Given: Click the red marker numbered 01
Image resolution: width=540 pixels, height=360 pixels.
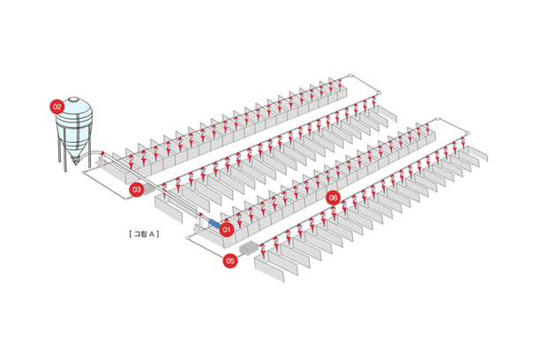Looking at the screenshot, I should pos(227,229).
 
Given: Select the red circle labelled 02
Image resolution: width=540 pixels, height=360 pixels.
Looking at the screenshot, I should pos(57,106).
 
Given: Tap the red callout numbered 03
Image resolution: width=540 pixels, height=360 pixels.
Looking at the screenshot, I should pos(136,190).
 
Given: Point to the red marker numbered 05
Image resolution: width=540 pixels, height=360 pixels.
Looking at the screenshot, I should pos(230,260).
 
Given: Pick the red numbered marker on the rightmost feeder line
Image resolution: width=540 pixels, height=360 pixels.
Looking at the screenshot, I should pos(333,198).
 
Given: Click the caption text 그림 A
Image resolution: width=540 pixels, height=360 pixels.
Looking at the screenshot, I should pos(143,234).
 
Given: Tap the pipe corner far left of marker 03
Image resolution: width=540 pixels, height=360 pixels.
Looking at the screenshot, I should pos(85,173).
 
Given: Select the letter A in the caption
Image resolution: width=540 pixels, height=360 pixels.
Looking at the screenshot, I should pos(153,234).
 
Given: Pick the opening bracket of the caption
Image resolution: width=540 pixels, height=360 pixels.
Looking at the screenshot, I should pos(129,234).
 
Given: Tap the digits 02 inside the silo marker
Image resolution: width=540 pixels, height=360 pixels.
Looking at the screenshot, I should pos(57,106).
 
